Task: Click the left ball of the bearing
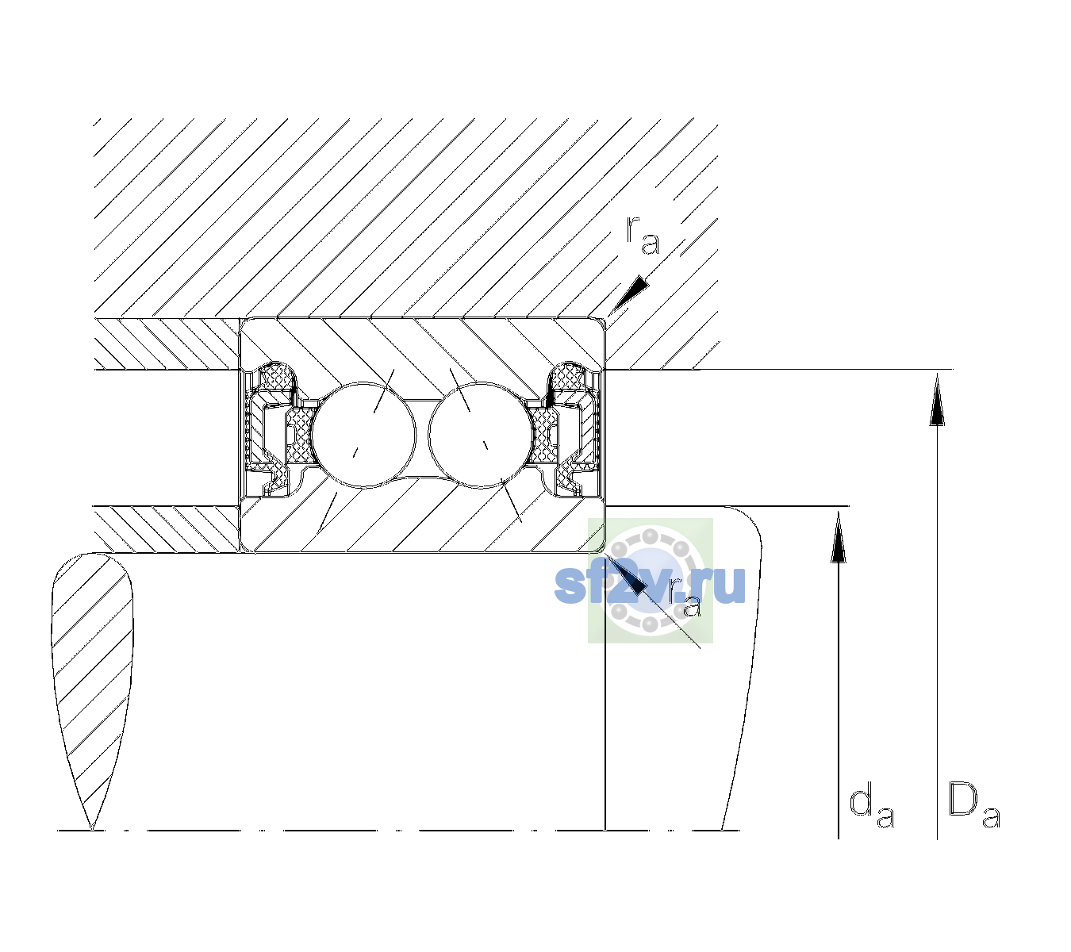tap(363, 435)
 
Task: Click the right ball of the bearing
tap(480, 435)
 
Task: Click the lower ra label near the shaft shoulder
tap(685, 598)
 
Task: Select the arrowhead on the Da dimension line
tap(937, 399)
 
